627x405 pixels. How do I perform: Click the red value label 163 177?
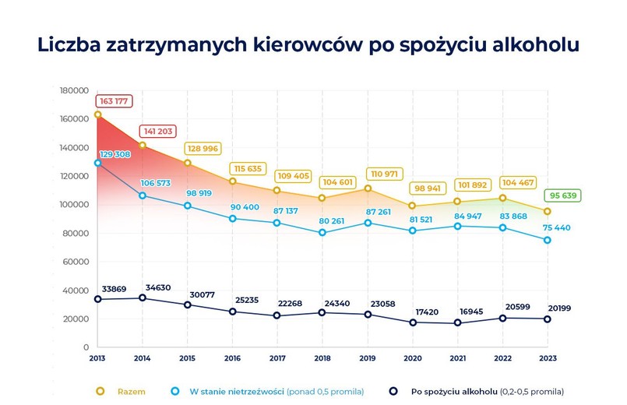114,101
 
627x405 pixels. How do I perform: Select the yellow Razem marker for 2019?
368,188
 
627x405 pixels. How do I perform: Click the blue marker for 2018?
322,232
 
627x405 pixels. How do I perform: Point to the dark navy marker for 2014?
143,298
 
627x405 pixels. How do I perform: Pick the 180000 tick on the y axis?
74,90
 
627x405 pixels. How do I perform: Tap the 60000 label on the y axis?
76,262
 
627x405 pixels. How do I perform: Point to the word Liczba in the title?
67,44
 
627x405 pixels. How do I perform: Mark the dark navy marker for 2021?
458,322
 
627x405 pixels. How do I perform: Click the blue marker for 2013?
98,163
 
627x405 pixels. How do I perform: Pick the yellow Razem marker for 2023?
548,211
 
